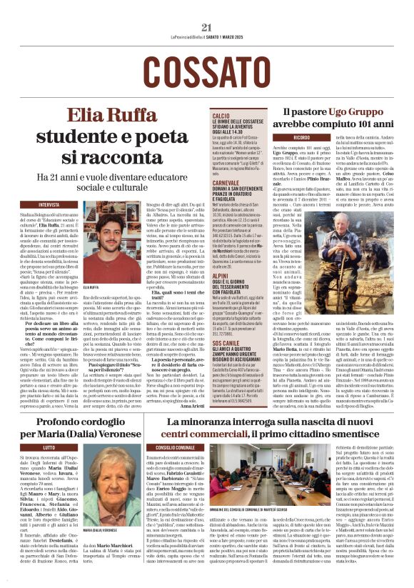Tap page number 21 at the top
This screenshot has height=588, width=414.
click(x=207, y=27)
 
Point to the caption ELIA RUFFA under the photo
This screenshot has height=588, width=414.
click(x=91, y=286)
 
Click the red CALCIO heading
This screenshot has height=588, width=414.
click(x=221, y=115)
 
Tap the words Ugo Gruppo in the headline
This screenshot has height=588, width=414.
click(x=355, y=111)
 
